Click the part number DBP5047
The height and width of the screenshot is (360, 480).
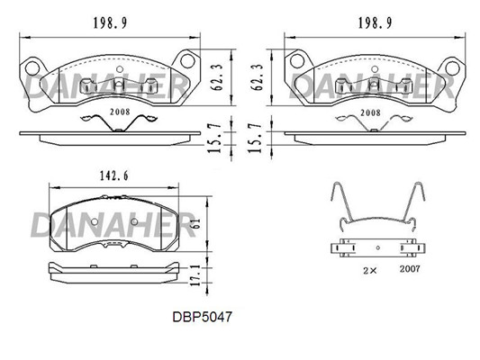[203, 317]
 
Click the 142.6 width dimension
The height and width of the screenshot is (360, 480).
[113, 175]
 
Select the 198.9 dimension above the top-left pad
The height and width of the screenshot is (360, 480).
[110, 22]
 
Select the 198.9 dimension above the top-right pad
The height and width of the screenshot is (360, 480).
[375, 22]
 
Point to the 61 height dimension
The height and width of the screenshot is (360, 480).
[196, 223]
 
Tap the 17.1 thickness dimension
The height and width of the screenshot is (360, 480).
[195, 275]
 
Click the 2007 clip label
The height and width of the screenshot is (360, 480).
[410, 269]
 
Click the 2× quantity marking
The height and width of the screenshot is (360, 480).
[370, 270]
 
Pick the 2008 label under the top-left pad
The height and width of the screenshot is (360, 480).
[120, 112]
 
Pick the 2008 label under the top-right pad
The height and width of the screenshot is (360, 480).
[370, 112]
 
